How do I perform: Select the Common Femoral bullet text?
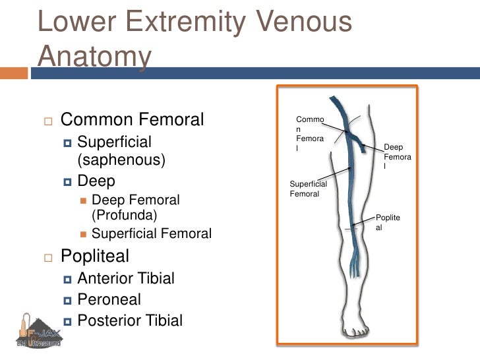(x=132, y=120)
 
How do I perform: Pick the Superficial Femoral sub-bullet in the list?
(x=152, y=233)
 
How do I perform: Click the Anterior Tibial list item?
(x=126, y=278)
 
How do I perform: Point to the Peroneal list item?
(x=109, y=299)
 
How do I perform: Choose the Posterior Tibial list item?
(x=130, y=321)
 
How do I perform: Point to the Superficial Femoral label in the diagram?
(x=308, y=189)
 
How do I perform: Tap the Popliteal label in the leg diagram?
(x=387, y=222)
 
